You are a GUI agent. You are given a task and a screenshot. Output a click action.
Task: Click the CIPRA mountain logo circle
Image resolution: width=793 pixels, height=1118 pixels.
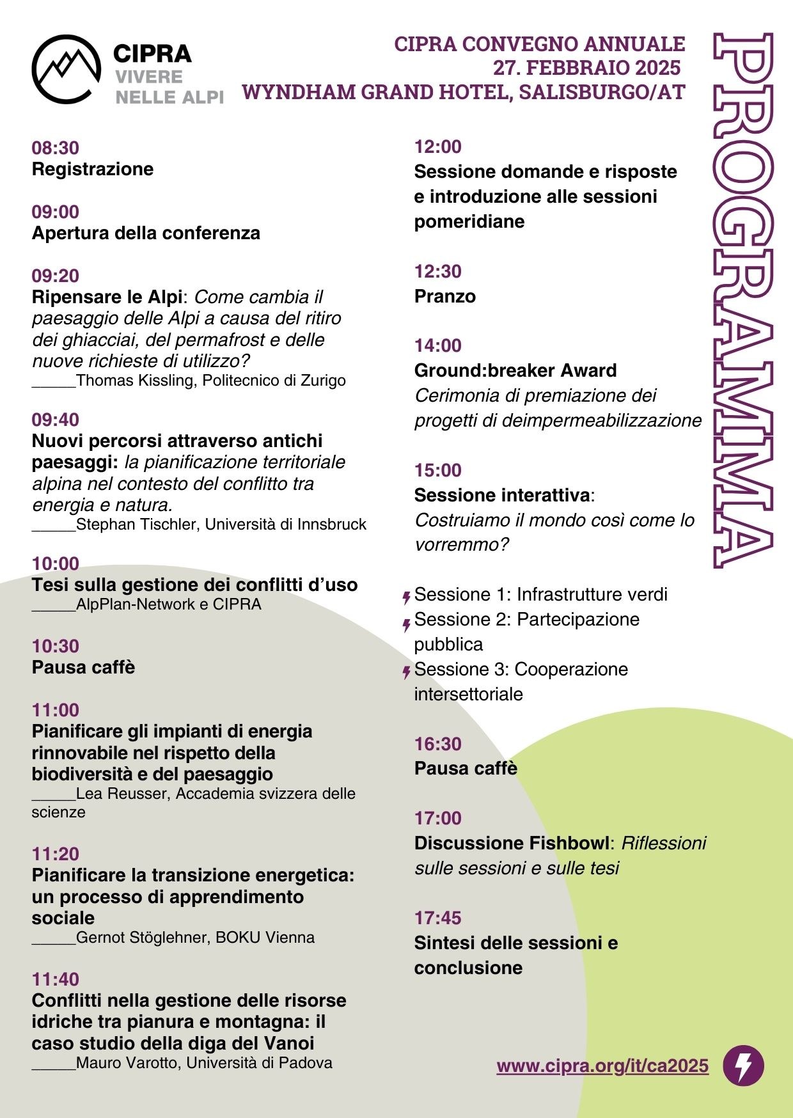click(x=66, y=68)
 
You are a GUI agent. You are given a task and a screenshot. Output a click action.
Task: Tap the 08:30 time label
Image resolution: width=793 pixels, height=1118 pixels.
click(x=56, y=148)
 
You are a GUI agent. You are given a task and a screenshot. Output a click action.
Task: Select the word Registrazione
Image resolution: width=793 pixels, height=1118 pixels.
click(x=93, y=169)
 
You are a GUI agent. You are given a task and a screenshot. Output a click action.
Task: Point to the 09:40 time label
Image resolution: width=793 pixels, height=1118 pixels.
click(x=56, y=420)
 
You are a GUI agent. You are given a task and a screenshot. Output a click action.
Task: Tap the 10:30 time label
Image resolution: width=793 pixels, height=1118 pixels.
click(x=56, y=646)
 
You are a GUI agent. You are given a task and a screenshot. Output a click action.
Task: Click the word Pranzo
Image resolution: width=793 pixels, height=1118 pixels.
click(x=445, y=296)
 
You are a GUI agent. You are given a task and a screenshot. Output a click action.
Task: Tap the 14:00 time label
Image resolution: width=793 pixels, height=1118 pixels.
click(x=438, y=345)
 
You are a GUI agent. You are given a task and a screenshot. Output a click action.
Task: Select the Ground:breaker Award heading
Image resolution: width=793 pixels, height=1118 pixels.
click(x=515, y=370)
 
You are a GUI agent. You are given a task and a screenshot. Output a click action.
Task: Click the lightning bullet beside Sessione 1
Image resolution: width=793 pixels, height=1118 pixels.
click(x=406, y=598)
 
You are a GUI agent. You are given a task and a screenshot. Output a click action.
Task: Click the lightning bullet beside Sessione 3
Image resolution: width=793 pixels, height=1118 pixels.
click(x=406, y=672)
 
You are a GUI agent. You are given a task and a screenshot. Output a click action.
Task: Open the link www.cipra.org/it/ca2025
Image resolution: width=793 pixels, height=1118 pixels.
click(x=602, y=1066)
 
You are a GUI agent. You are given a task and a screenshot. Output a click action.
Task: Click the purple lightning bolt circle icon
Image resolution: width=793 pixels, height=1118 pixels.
click(x=743, y=1066)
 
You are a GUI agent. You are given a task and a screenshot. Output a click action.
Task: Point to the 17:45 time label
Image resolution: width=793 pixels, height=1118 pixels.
click(x=438, y=918)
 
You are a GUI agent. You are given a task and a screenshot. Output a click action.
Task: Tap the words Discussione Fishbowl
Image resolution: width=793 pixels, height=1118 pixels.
click(x=512, y=843)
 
